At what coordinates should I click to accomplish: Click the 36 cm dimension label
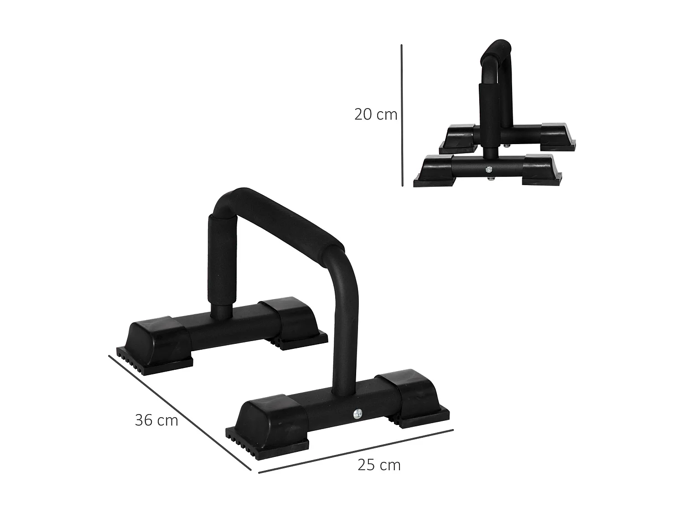point(156,420)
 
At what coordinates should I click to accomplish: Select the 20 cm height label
point(376,114)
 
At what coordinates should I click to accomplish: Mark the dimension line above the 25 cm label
point(356,451)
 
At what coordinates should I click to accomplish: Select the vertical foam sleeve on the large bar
point(221,260)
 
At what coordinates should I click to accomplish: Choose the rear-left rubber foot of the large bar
point(160,344)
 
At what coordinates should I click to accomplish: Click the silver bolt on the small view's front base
point(489,169)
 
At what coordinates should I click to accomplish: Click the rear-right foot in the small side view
point(559,137)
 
